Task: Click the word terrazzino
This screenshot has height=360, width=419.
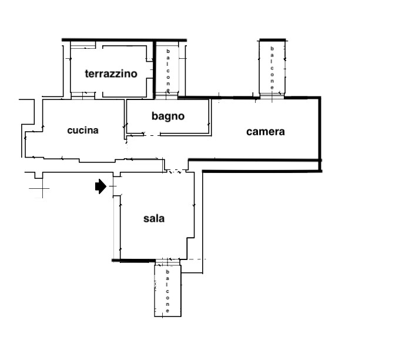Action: pos(111,74)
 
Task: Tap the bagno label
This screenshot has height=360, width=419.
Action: pos(168,116)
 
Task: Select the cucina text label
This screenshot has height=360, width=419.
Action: pos(83,131)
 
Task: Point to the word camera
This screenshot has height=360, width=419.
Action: pos(265,132)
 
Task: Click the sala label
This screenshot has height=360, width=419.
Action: pos(154,219)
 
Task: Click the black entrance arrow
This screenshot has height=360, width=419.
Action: pos(100,186)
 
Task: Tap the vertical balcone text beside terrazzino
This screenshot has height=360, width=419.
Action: pos(168,69)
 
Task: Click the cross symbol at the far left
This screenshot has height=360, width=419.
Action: pos(39,189)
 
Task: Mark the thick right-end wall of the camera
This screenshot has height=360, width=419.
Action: pos(320,132)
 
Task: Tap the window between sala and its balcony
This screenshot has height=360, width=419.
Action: pos(167,260)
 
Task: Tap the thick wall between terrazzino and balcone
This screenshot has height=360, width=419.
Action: pos(155,68)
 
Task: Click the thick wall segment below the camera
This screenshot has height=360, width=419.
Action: pos(262,171)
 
